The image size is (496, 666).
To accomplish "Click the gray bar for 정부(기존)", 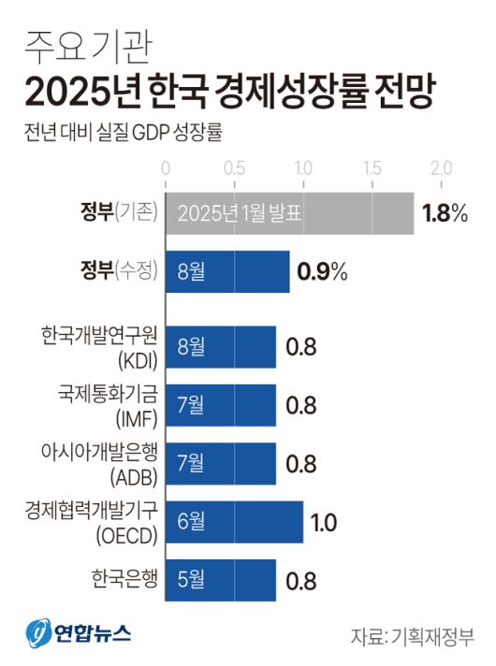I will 289,213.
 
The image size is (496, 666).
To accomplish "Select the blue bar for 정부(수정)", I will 227,271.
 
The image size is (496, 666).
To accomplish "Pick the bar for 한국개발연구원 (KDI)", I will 221,348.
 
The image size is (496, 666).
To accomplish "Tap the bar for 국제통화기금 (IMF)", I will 221,405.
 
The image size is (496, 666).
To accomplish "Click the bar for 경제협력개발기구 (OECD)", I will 234,522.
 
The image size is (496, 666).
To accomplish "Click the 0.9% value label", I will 322,272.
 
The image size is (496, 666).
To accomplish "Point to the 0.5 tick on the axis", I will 234,169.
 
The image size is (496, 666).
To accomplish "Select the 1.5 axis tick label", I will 372,169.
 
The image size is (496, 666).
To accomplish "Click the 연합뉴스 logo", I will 79,631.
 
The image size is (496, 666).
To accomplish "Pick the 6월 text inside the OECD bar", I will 190,522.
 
